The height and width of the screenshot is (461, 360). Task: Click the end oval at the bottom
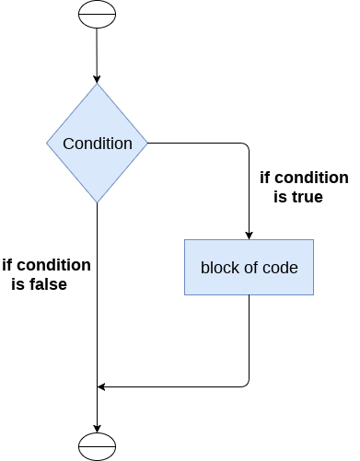[97, 444]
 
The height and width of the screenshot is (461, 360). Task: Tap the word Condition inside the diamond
[97, 144]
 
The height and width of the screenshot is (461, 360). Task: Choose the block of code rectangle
[249, 267]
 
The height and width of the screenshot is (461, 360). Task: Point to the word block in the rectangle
[217, 268]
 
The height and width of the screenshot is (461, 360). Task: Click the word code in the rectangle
[280, 268]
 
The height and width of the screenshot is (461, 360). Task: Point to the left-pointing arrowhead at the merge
[102, 386]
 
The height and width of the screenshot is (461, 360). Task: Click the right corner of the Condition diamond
[147, 144]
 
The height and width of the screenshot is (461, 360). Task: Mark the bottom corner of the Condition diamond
[97, 202]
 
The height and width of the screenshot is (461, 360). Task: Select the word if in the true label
[267, 178]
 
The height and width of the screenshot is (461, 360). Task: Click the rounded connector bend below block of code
[246, 384]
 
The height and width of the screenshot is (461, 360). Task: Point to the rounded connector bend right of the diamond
[246, 146]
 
